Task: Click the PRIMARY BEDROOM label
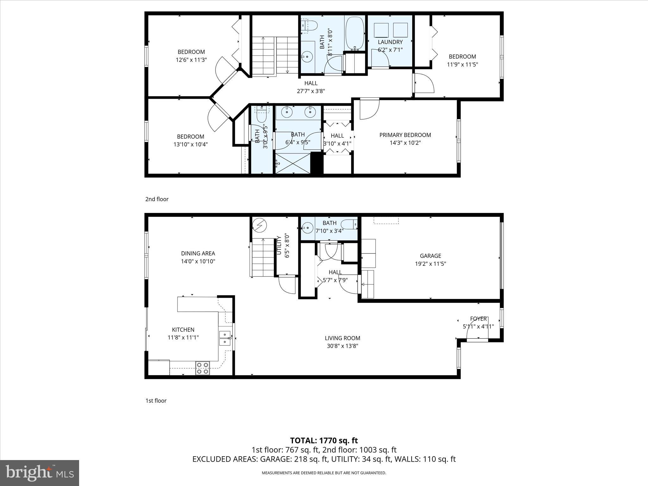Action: pyautogui.click(x=405, y=135)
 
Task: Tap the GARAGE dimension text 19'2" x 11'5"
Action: pyautogui.click(x=430, y=264)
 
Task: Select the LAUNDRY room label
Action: pyautogui.click(x=390, y=42)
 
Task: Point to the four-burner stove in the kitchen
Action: pyautogui.click(x=202, y=368)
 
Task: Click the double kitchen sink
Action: pyautogui.click(x=225, y=338)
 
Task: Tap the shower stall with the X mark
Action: pyautogui.click(x=293, y=163)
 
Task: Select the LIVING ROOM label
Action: pyautogui.click(x=342, y=338)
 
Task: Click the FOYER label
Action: pyautogui.click(x=478, y=319)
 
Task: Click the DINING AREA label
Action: pyautogui.click(x=198, y=253)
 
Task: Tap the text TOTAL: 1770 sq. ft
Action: pyautogui.click(x=324, y=440)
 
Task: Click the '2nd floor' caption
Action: pyautogui.click(x=157, y=199)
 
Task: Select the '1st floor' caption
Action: pyautogui.click(x=156, y=401)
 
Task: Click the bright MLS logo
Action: pyautogui.click(x=40, y=473)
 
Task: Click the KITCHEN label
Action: pyautogui.click(x=183, y=330)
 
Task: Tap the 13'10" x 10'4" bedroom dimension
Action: pyautogui.click(x=190, y=145)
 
